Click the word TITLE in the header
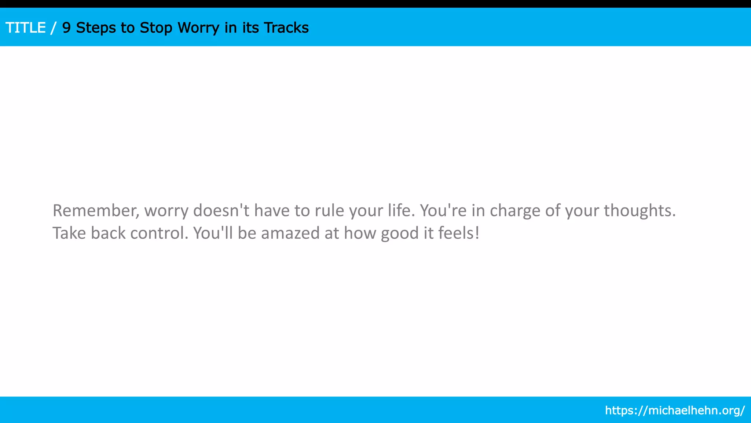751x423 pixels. [26, 28]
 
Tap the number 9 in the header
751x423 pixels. [66, 28]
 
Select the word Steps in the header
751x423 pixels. [96, 28]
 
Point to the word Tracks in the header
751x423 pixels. [286, 28]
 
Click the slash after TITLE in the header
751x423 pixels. [54, 28]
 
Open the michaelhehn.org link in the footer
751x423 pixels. [675, 410]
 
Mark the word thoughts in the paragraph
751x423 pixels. [640, 211]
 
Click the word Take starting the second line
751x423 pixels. [69, 234]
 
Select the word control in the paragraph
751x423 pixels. [159, 234]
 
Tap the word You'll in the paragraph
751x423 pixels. [213, 234]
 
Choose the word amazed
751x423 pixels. [290, 234]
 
